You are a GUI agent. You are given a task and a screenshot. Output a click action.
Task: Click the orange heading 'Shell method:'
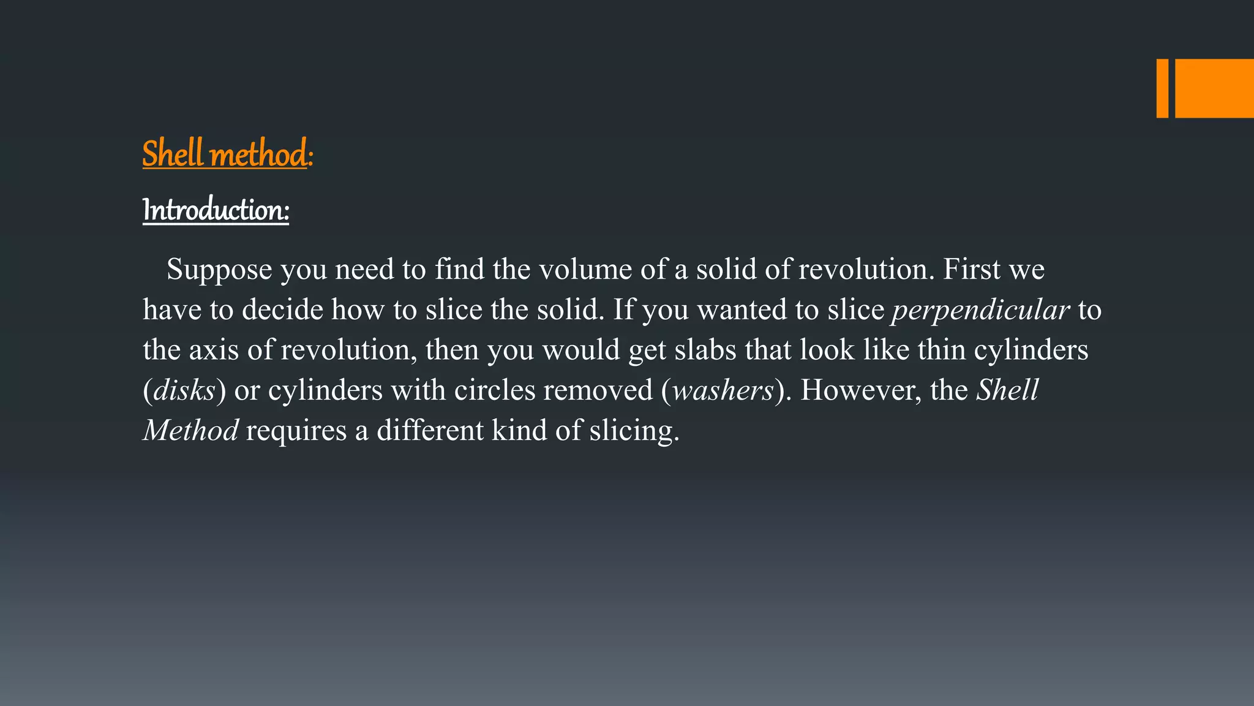click(x=227, y=154)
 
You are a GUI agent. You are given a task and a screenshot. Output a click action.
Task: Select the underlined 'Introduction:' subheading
click(x=216, y=210)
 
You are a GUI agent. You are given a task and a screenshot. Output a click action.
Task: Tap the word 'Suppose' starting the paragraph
click(x=219, y=270)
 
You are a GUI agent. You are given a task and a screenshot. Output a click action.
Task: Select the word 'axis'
click(x=214, y=350)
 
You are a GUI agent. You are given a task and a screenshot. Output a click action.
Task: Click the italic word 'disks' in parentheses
click(x=184, y=390)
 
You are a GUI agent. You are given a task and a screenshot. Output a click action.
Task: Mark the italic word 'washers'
click(x=723, y=390)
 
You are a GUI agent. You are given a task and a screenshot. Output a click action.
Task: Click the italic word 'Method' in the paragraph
click(x=190, y=430)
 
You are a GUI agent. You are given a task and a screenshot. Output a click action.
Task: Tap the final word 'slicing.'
click(x=634, y=430)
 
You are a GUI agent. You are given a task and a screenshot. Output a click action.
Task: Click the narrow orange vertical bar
click(x=1162, y=88)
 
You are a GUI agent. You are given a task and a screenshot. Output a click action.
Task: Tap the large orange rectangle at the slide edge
click(x=1214, y=88)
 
